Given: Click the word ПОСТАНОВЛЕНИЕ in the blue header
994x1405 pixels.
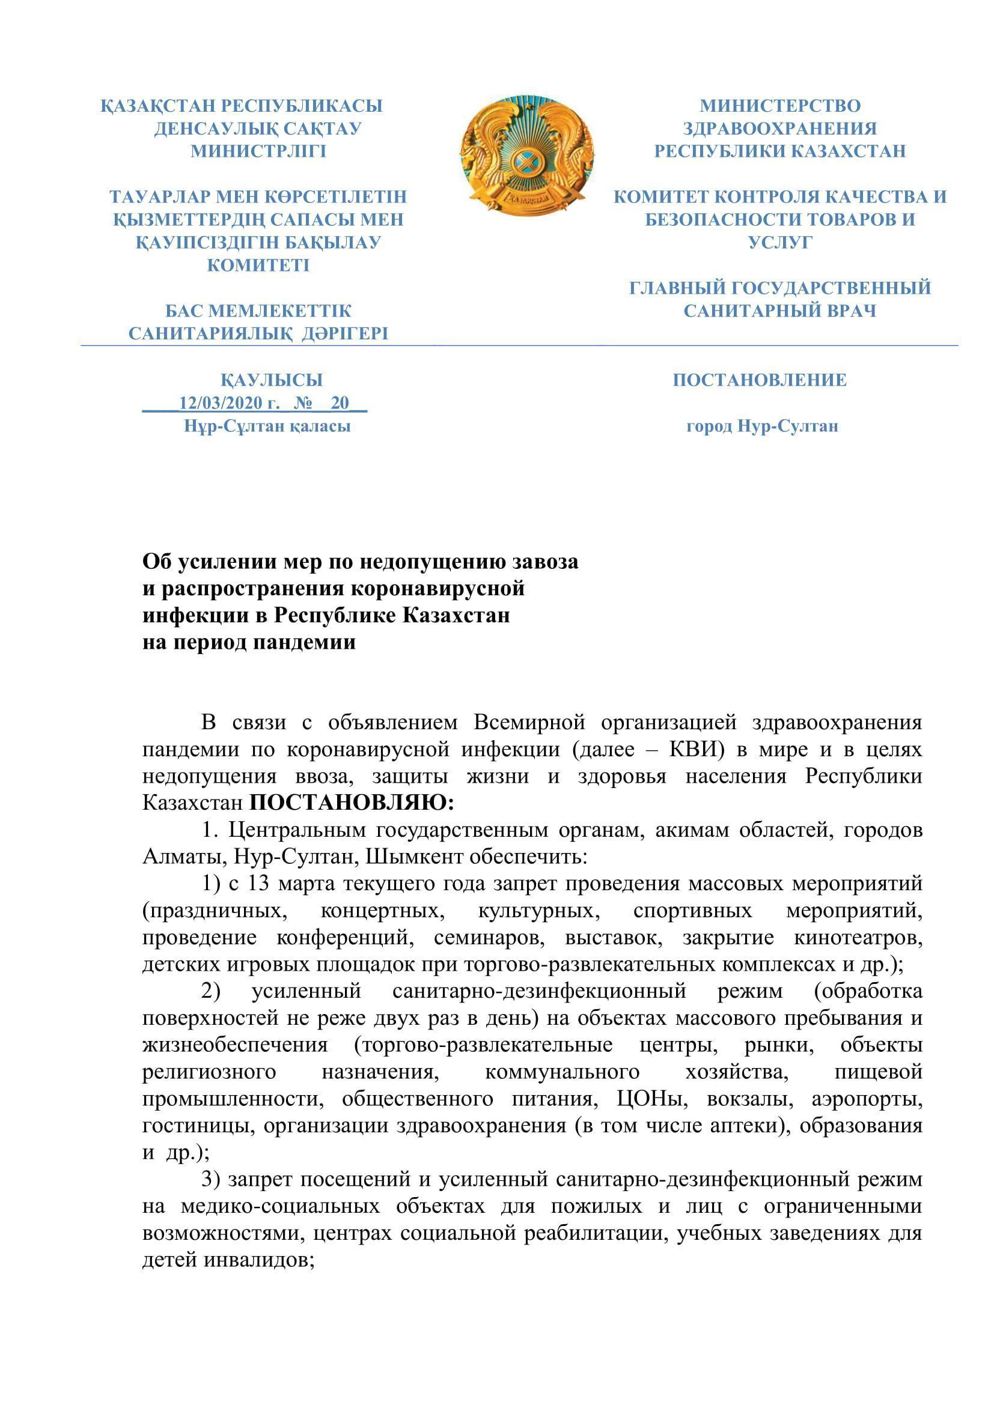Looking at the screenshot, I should tap(760, 380).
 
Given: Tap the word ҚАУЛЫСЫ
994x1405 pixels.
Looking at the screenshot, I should tap(272, 380).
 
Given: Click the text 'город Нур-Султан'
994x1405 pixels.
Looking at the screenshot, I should tap(762, 426).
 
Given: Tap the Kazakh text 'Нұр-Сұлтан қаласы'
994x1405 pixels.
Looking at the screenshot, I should tap(267, 426).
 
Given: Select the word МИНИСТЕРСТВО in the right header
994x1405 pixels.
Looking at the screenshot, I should tap(781, 106).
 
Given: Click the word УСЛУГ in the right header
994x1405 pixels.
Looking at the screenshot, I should tap(781, 242).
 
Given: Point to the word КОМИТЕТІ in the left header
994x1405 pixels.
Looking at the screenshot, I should tap(258, 265).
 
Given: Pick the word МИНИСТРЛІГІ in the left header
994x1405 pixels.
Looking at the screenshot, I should tap(258, 151).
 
